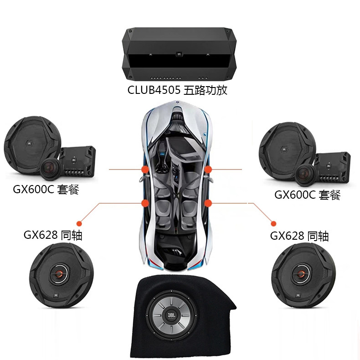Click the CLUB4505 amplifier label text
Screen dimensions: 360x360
(177, 90)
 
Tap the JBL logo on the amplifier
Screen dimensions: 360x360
(179, 54)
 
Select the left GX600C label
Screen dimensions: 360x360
(46, 190)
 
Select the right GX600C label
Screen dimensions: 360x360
(308, 195)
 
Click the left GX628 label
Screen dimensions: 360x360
(53, 235)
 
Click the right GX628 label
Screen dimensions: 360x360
(299, 236)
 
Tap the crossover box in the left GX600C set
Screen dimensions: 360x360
(78, 162)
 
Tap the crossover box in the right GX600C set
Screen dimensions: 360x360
(333, 168)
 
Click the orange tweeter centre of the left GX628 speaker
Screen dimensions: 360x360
(59, 273)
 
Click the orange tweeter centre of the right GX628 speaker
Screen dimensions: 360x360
(301, 273)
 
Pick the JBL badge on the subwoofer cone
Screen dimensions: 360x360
(171, 314)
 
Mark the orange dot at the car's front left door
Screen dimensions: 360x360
(145, 170)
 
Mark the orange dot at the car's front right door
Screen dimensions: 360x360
(208, 170)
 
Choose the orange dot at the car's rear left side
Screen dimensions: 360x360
(145, 203)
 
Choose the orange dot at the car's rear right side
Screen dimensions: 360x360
(208, 203)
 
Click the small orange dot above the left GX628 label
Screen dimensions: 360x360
(79, 223)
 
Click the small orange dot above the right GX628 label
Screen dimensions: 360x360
(273, 223)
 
